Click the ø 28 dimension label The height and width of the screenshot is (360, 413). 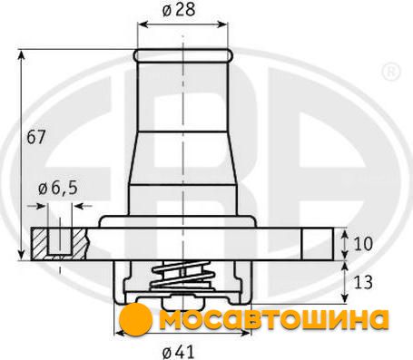(x=179, y=10)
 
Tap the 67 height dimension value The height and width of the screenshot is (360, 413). (x=35, y=137)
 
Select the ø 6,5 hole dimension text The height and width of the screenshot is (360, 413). (x=58, y=189)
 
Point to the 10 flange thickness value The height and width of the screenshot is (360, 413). (x=363, y=244)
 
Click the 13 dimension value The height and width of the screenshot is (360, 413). (x=363, y=282)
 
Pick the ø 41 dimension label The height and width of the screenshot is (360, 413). (x=178, y=352)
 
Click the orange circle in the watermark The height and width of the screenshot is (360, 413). (x=135, y=319)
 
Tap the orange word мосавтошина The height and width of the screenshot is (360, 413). (x=274, y=319)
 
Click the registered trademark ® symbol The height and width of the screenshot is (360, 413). (x=391, y=73)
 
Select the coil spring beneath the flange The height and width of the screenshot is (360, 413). (x=182, y=276)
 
